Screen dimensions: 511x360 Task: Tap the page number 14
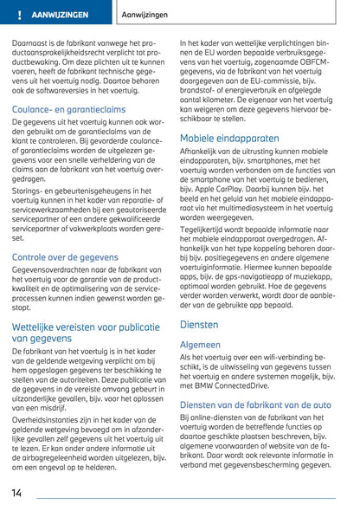click(x=17, y=492)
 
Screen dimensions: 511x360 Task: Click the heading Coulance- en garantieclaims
click(x=68, y=109)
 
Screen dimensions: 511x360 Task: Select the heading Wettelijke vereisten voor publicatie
click(x=87, y=327)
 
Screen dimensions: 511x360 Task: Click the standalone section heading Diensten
click(x=199, y=325)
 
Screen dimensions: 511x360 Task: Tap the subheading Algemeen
click(x=200, y=344)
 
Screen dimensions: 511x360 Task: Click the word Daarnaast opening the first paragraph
click(x=31, y=42)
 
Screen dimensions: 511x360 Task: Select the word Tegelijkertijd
click(x=205, y=227)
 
